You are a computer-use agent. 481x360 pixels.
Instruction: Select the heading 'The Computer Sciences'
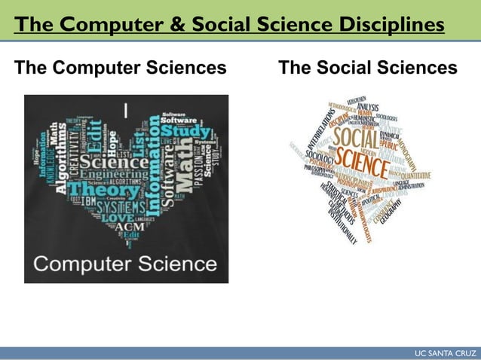(121, 69)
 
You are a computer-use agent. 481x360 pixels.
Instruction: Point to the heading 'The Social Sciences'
(368, 69)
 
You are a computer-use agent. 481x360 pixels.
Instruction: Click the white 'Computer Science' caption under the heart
(126, 264)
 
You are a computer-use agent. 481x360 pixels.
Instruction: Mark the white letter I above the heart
(126, 110)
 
